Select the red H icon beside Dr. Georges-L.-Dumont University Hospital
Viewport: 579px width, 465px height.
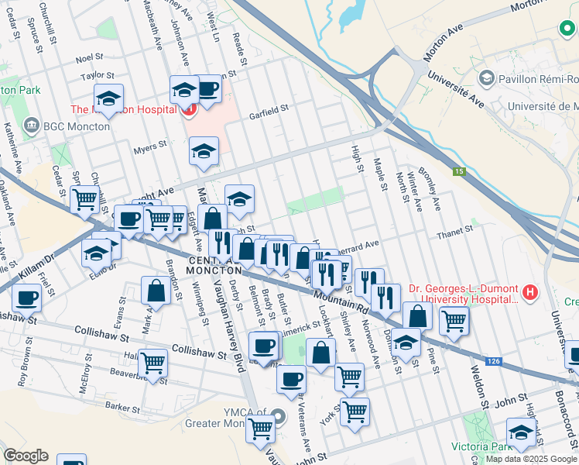click(x=529, y=292)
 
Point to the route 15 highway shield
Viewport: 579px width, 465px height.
click(x=459, y=171)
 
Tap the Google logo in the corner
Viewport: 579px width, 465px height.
click(x=26, y=456)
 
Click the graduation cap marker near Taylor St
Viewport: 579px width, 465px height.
click(x=109, y=98)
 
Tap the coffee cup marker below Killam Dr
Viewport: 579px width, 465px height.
click(x=27, y=298)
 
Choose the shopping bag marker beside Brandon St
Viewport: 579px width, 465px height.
click(x=156, y=291)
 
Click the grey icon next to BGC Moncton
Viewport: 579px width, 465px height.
click(x=32, y=125)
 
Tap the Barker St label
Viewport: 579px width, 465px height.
click(x=122, y=407)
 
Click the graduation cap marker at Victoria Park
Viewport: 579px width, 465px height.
click(x=521, y=432)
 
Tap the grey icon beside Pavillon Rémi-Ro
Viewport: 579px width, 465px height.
click(x=487, y=77)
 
